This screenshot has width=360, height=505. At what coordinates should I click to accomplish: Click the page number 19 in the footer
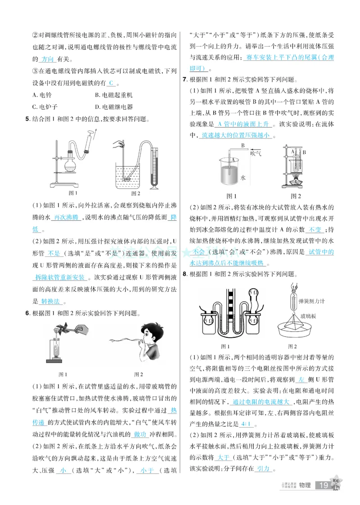tap(323, 485)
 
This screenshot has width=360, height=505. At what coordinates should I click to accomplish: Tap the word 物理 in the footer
tap(305, 485)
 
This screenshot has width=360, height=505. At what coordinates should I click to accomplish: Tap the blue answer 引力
tap(263, 468)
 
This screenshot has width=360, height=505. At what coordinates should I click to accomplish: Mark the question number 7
tap(184, 80)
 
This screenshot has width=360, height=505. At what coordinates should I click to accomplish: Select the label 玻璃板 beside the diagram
tap(315, 316)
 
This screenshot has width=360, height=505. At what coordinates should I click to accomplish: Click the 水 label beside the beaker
tap(243, 178)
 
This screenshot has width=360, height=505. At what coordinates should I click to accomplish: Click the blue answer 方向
tap(48, 59)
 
